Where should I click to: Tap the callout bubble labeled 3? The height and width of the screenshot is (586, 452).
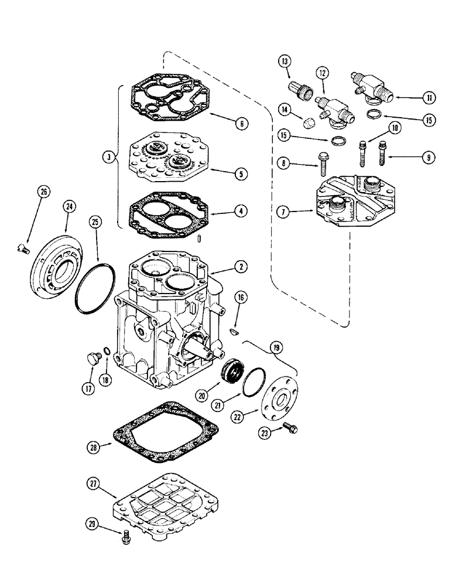point(109,156)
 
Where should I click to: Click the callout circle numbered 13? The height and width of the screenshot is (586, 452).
point(285,60)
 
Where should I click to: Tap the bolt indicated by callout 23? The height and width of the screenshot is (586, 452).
point(287,427)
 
